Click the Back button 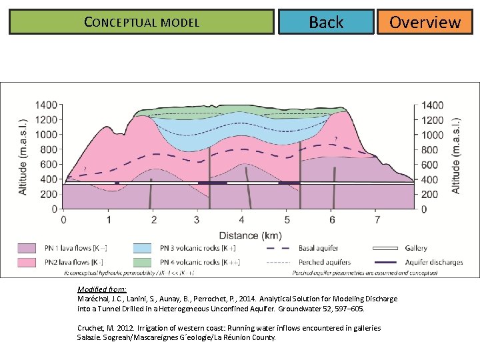(326, 22)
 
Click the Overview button (425, 22)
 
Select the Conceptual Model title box (141, 22)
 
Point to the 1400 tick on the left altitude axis (46, 105)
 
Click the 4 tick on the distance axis (241, 220)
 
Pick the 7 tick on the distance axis (377, 220)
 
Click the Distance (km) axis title (241, 235)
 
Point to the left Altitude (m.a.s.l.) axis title (23, 157)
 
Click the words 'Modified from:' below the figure (97, 290)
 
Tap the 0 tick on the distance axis (63, 220)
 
